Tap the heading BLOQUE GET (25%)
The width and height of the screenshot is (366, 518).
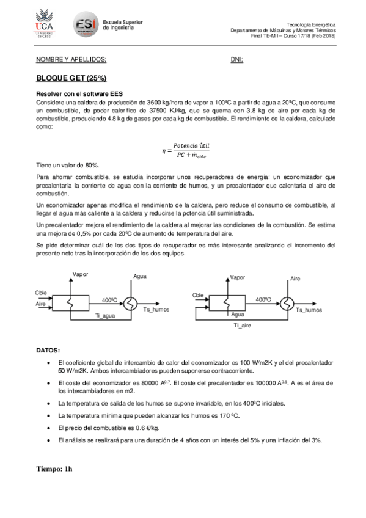(71, 79)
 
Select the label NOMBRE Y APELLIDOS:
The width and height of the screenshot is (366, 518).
(71, 60)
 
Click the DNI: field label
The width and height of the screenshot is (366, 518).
(237, 60)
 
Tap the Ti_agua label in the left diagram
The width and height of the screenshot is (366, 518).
(106, 315)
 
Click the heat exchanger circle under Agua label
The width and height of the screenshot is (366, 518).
(131, 302)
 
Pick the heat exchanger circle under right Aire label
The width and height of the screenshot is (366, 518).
(286, 302)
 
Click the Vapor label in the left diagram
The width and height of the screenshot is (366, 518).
(80, 274)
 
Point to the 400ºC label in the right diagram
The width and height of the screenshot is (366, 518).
(263, 299)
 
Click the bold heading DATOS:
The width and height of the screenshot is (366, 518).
(48, 350)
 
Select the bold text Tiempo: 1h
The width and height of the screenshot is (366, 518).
(54, 469)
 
